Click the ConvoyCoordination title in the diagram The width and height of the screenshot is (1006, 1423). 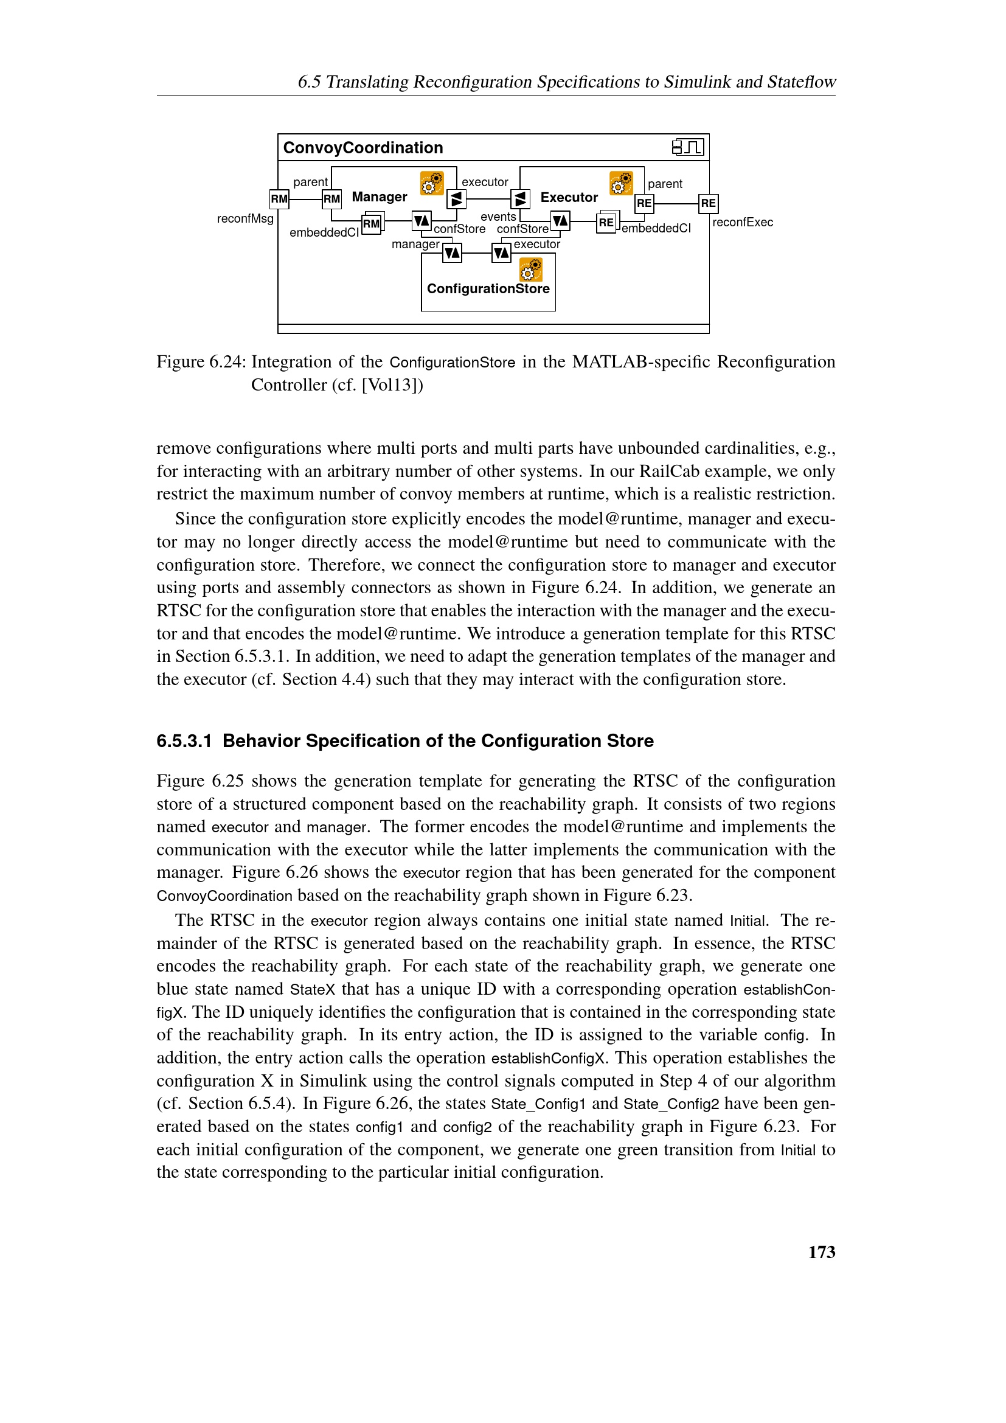coord(363,147)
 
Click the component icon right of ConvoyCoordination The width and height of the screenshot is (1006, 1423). coord(688,147)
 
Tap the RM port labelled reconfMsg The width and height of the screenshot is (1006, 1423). coord(279,199)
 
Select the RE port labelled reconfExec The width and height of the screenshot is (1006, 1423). coord(708,203)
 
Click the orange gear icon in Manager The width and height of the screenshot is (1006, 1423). coord(432,184)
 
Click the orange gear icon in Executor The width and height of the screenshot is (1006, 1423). coord(621,184)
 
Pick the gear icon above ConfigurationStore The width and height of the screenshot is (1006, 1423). coord(531,270)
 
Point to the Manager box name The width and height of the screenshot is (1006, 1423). coord(379,197)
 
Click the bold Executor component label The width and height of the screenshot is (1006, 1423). coord(569,198)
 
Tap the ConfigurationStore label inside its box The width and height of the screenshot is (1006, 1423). coord(488,289)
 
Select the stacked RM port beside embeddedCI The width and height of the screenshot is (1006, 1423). coord(372,224)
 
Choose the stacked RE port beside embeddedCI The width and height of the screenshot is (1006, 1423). coord(606,223)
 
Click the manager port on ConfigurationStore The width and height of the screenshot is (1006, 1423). coord(452,253)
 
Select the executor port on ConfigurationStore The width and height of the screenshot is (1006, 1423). coord(501,253)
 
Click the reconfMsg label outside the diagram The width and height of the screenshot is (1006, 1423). coord(245,219)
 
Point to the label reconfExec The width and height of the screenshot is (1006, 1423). coord(742,223)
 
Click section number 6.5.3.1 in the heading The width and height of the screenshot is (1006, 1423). coord(184,741)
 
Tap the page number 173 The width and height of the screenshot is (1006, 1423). coord(821,1253)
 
